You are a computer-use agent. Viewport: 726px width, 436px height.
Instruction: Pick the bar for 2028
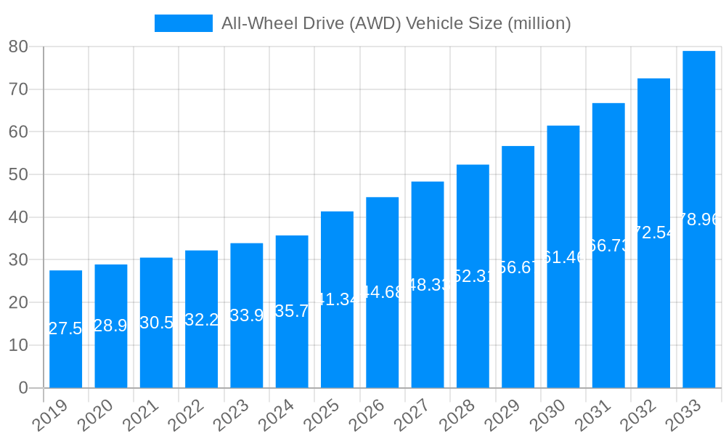pyautogui.click(x=473, y=327)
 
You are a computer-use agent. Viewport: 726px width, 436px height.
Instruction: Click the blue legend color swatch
pyautogui.click(x=183, y=23)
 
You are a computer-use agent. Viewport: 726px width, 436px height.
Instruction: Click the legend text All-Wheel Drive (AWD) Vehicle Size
pyautogui.click(x=396, y=23)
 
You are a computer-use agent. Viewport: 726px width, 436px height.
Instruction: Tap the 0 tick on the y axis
pyautogui.click(x=23, y=388)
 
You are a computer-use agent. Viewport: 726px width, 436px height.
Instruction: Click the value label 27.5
pyautogui.click(x=65, y=328)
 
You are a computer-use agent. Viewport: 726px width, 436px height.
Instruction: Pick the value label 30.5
pyautogui.click(x=156, y=323)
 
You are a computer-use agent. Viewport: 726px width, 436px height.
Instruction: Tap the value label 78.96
pyautogui.click(x=698, y=219)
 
